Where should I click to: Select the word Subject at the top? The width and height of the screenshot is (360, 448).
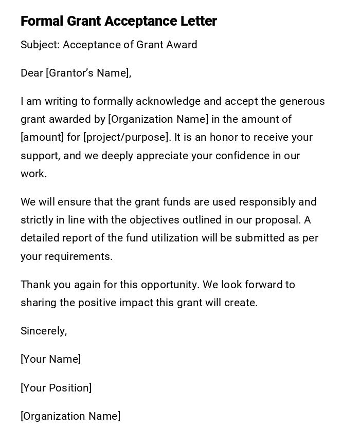coord(39,45)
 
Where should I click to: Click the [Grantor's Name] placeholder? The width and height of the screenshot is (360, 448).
coord(88,73)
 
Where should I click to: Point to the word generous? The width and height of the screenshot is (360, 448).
coord(302,101)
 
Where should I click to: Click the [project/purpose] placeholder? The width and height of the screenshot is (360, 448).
coord(125,138)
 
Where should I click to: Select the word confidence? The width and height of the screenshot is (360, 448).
coord(244,156)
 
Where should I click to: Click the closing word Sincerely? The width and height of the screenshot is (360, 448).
coord(43,331)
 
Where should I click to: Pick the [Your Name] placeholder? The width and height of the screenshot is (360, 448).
coord(50,359)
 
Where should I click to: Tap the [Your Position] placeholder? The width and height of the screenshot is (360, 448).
coord(56,388)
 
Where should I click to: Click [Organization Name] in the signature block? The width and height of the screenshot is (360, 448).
coord(70,416)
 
